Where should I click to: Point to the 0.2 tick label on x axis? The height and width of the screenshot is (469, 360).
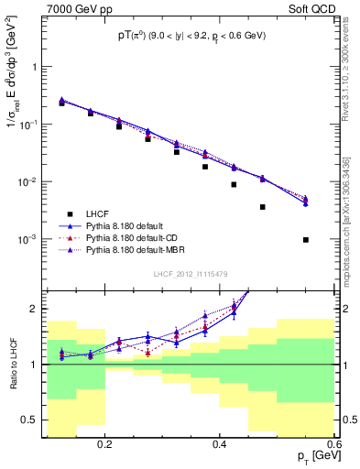(105, 444)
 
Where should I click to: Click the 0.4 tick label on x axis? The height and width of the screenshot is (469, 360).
(220, 444)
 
